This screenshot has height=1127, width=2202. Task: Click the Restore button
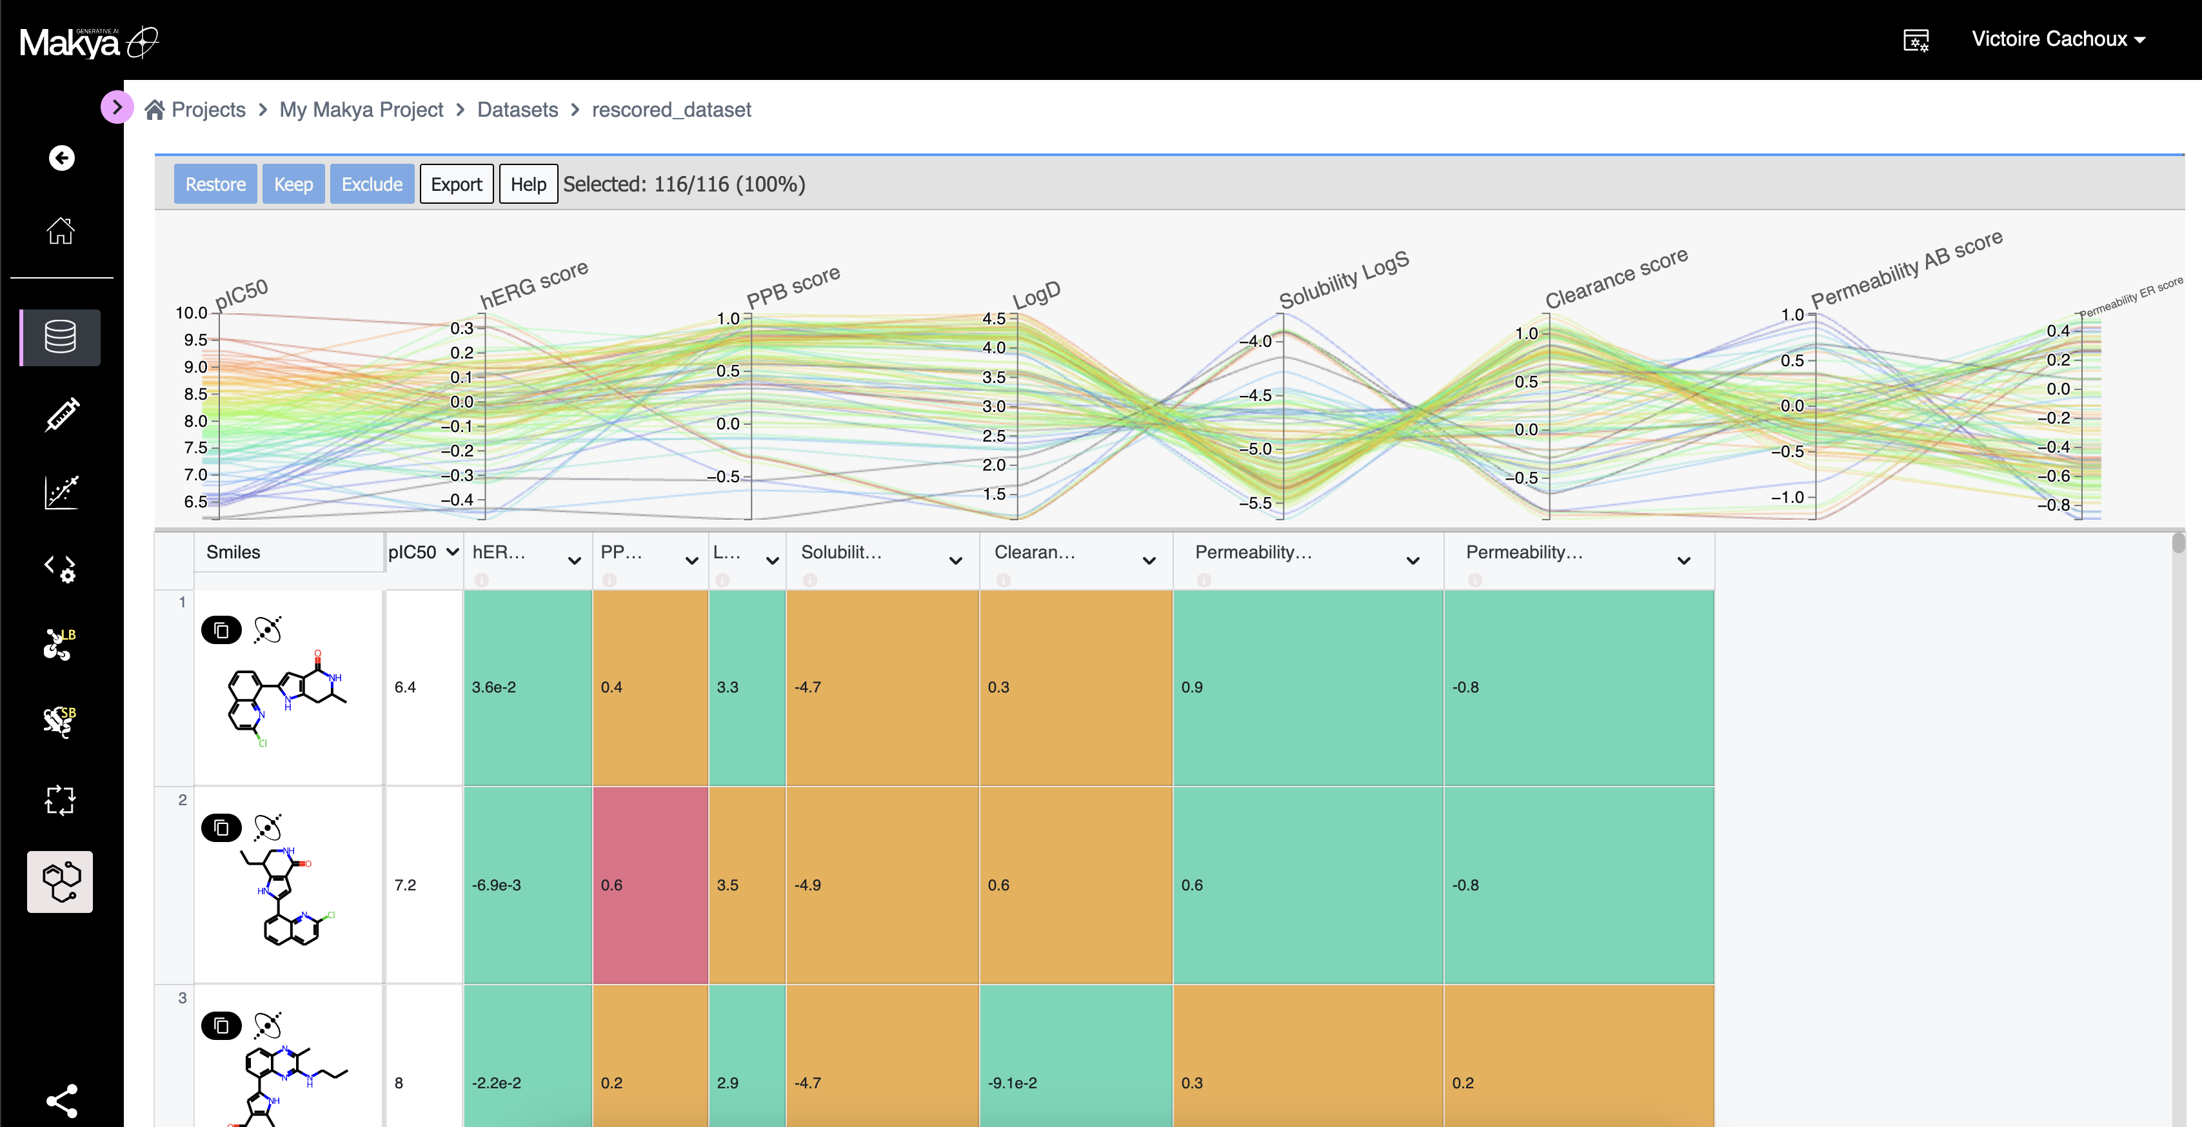coord(215,184)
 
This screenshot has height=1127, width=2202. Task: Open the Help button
coord(528,184)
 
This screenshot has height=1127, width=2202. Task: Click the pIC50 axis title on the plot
coord(241,294)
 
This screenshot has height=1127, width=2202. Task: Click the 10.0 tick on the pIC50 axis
coord(192,313)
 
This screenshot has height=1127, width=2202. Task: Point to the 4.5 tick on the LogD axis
coord(993,318)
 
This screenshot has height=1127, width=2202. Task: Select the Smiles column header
coord(233,552)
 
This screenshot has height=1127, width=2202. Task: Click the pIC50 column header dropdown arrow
coord(452,552)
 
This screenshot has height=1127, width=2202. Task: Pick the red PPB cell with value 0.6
coord(650,885)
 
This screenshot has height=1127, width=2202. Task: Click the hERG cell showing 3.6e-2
coord(528,687)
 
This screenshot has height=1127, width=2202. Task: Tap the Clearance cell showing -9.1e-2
coord(1075,1083)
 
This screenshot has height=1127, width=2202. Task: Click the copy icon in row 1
coord(221,630)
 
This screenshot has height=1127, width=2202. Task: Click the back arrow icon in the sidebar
coord(61,158)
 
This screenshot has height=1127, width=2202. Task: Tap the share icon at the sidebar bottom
coord(61,1101)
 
